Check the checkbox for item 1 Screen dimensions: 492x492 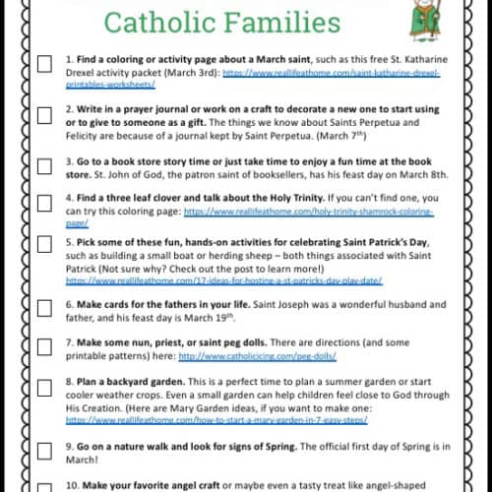pos(44,64)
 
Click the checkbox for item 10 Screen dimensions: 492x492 pos(44,483)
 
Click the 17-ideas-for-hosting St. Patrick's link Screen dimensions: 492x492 pos(222,279)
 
